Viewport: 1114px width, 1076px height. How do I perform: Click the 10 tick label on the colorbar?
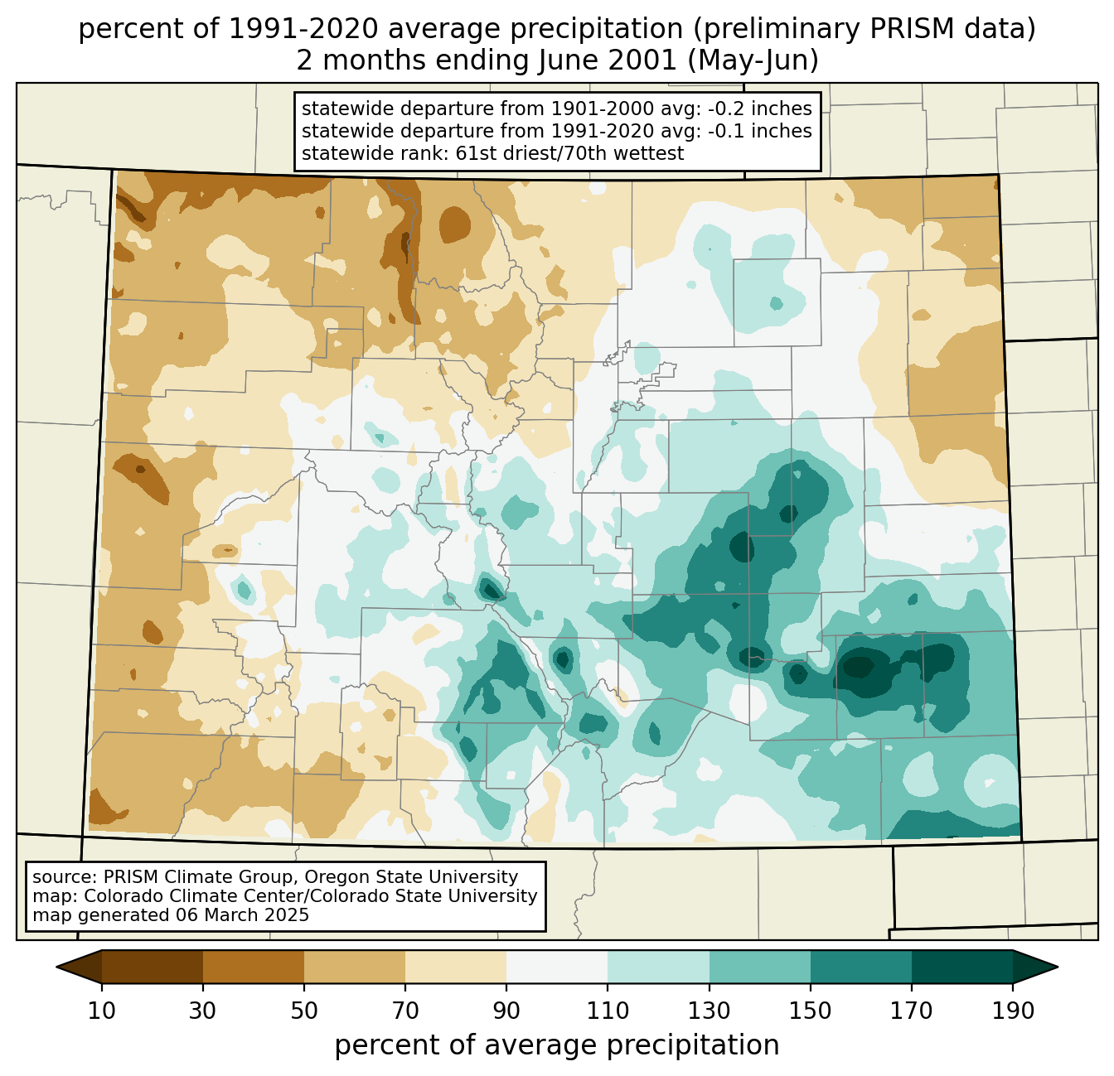click(102, 1011)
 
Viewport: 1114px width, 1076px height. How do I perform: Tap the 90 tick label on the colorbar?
click(506, 1011)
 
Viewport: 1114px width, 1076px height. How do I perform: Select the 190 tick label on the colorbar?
click(1012, 1011)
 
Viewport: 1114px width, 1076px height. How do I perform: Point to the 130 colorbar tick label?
click(709, 1011)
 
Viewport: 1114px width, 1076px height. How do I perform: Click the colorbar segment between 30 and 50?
click(254, 967)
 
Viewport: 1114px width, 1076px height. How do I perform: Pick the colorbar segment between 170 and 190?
click(961, 967)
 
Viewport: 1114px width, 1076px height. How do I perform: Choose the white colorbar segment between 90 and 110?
click(557, 967)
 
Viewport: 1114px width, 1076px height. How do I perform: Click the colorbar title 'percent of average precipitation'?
click(557, 1045)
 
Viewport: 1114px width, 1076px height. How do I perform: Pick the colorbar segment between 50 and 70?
click(355, 967)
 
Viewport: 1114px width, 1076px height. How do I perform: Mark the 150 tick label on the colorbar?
click(810, 1011)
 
